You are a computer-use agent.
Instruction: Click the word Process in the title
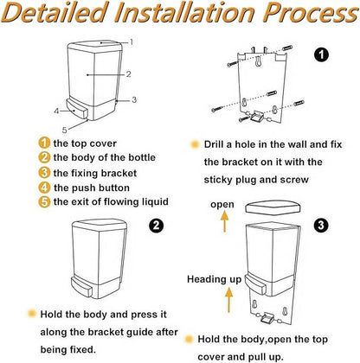[x=311, y=13]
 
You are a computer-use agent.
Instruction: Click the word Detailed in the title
[x=54, y=13]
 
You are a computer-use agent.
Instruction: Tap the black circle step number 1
[x=321, y=54]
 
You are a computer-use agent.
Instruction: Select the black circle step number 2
[x=156, y=225]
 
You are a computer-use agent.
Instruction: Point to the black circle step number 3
[x=321, y=225]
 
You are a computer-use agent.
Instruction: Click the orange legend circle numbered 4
[x=44, y=188]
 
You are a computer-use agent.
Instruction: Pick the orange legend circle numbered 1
[x=44, y=143]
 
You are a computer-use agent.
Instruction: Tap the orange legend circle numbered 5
[x=44, y=201]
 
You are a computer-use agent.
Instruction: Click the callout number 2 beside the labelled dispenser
[x=128, y=74]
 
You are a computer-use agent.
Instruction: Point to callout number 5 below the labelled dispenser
[x=64, y=130]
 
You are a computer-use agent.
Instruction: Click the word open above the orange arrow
[x=222, y=205]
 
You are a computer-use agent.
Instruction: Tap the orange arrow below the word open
[x=224, y=221]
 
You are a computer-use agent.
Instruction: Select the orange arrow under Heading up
[x=228, y=300]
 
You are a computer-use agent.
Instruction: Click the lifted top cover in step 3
[x=273, y=207]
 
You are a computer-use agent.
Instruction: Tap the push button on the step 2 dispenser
[x=81, y=286]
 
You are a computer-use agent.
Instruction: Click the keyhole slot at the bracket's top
[x=259, y=61]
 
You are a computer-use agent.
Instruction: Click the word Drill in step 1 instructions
[x=214, y=144]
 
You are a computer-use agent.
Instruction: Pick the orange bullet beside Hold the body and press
[x=31, y=314]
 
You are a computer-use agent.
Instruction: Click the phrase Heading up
[x=214, y=279]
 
